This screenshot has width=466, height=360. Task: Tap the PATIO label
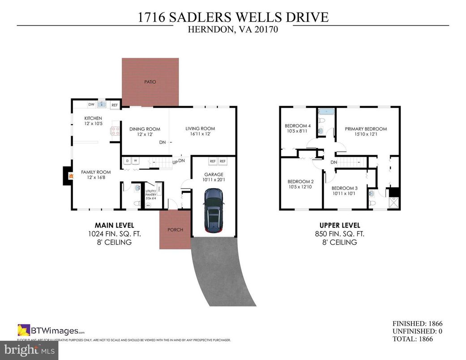pyautogui.click(x=150, y=82)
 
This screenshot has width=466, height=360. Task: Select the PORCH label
pyautogui.click(x=175, y=230)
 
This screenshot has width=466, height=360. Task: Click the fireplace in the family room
pyautogui.click(x=69, y=176)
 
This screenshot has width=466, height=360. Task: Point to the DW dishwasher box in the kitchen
pyautogui.click(x=91, y=104)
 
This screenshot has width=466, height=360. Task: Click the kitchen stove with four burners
pyautogui.click(x=115, y=131)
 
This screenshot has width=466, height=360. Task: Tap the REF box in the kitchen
pyautogui.click(x=115, y=105)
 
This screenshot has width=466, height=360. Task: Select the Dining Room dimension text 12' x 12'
pyautogui.click(x=145, y=134)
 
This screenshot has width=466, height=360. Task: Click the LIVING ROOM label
pyautogui.click(x=200, y=129)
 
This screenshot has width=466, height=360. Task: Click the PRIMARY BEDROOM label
pyautogui.click(x=366, y=129)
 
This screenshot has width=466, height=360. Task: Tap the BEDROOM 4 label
pyautogui.click(x=297, y=126)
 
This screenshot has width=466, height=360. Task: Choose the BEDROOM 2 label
pyautogui.click(x=300, y=181)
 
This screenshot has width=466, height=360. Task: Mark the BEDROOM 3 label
pyautogui.click(x=344, y=188)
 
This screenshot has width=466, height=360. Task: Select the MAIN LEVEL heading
pyautogui.click(x=114, y=225)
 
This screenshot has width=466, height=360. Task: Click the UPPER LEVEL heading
pyautogui.click(x=339, y=225)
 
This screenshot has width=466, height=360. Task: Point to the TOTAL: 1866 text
pyautogui.click(x=412, y=339)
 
